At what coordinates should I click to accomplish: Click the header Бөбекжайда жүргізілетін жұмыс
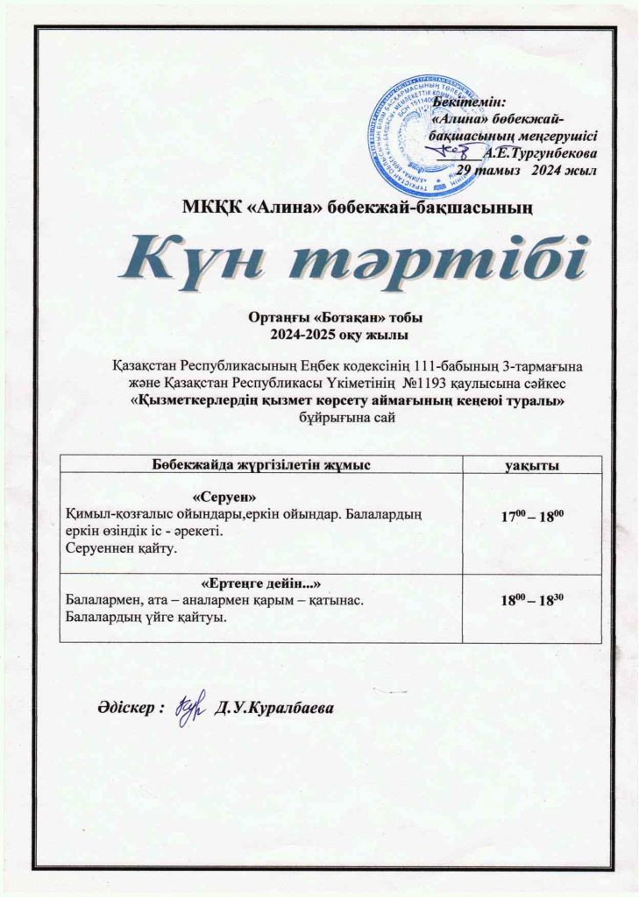coord(260,464)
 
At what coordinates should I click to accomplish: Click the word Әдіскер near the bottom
coord(124,707)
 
